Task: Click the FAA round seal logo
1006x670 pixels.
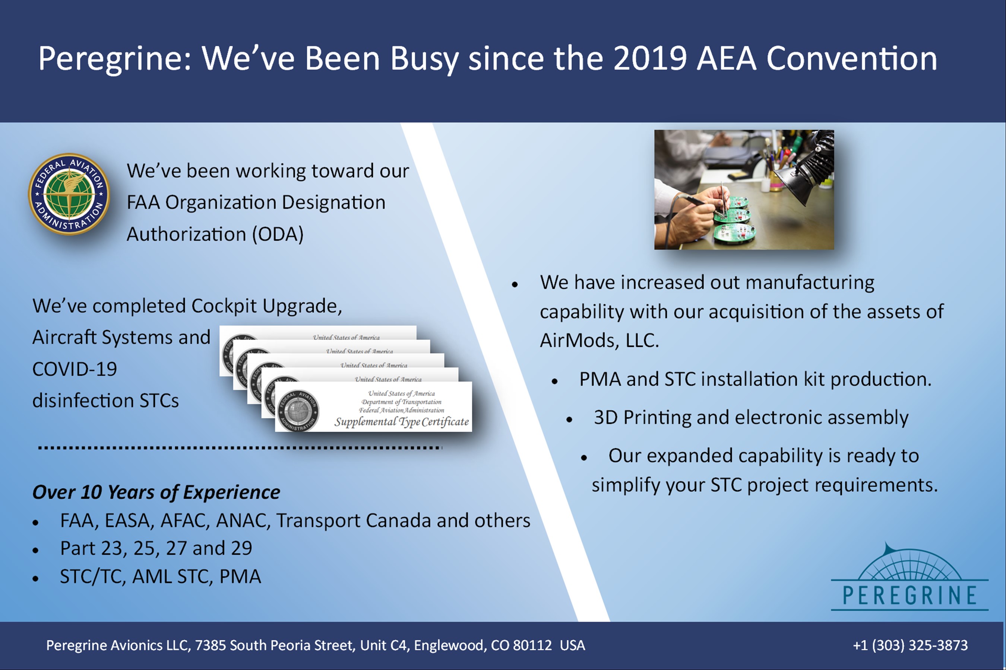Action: tap(69, 194)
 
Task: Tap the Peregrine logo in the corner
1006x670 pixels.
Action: tap(909, 577)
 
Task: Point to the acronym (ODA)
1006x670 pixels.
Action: tap(278, 234)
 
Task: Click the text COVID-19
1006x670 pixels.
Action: tap(75, 369)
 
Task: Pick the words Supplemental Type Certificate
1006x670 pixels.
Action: tap(402, 422)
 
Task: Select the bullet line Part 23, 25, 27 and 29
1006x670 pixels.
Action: tap(156, 548)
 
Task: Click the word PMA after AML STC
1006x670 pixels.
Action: tap(240, 577)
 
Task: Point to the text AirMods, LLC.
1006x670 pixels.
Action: tap(599, 341)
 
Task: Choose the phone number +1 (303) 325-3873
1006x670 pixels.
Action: tap(910, 645)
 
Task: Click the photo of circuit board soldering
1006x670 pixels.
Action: tap(744, 190)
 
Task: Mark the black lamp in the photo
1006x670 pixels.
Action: tap(801, 169)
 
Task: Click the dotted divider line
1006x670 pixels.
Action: tap(240, 448)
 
